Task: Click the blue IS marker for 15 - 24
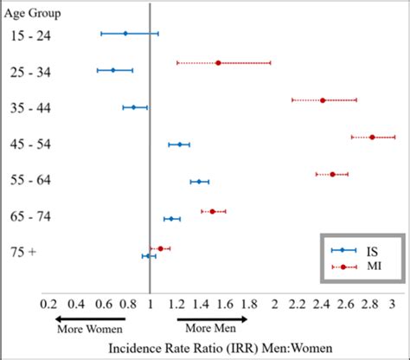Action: point(125,33)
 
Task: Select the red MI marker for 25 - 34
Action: point(218,62)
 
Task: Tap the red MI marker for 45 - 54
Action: point(372,137)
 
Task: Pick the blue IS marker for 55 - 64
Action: point(199,181)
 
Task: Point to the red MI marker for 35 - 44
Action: point(323,100)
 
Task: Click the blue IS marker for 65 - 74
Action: point(171,219)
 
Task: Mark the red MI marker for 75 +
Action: point(160,248)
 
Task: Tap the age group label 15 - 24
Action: point(32,35)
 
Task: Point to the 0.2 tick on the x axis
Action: point(48,304)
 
